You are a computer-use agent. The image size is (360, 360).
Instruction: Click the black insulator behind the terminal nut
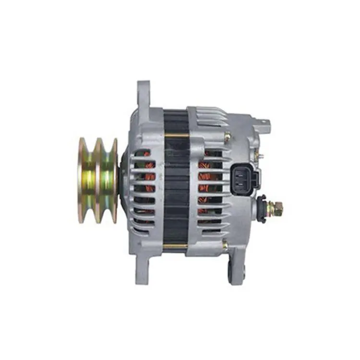click(x=262, y=208)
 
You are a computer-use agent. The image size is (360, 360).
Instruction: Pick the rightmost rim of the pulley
click(x=115, y=180)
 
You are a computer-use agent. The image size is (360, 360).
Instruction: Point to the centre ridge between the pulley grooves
click(x=98, y=180)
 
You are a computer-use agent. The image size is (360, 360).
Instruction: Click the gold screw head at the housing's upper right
click(x=227, y=138)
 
